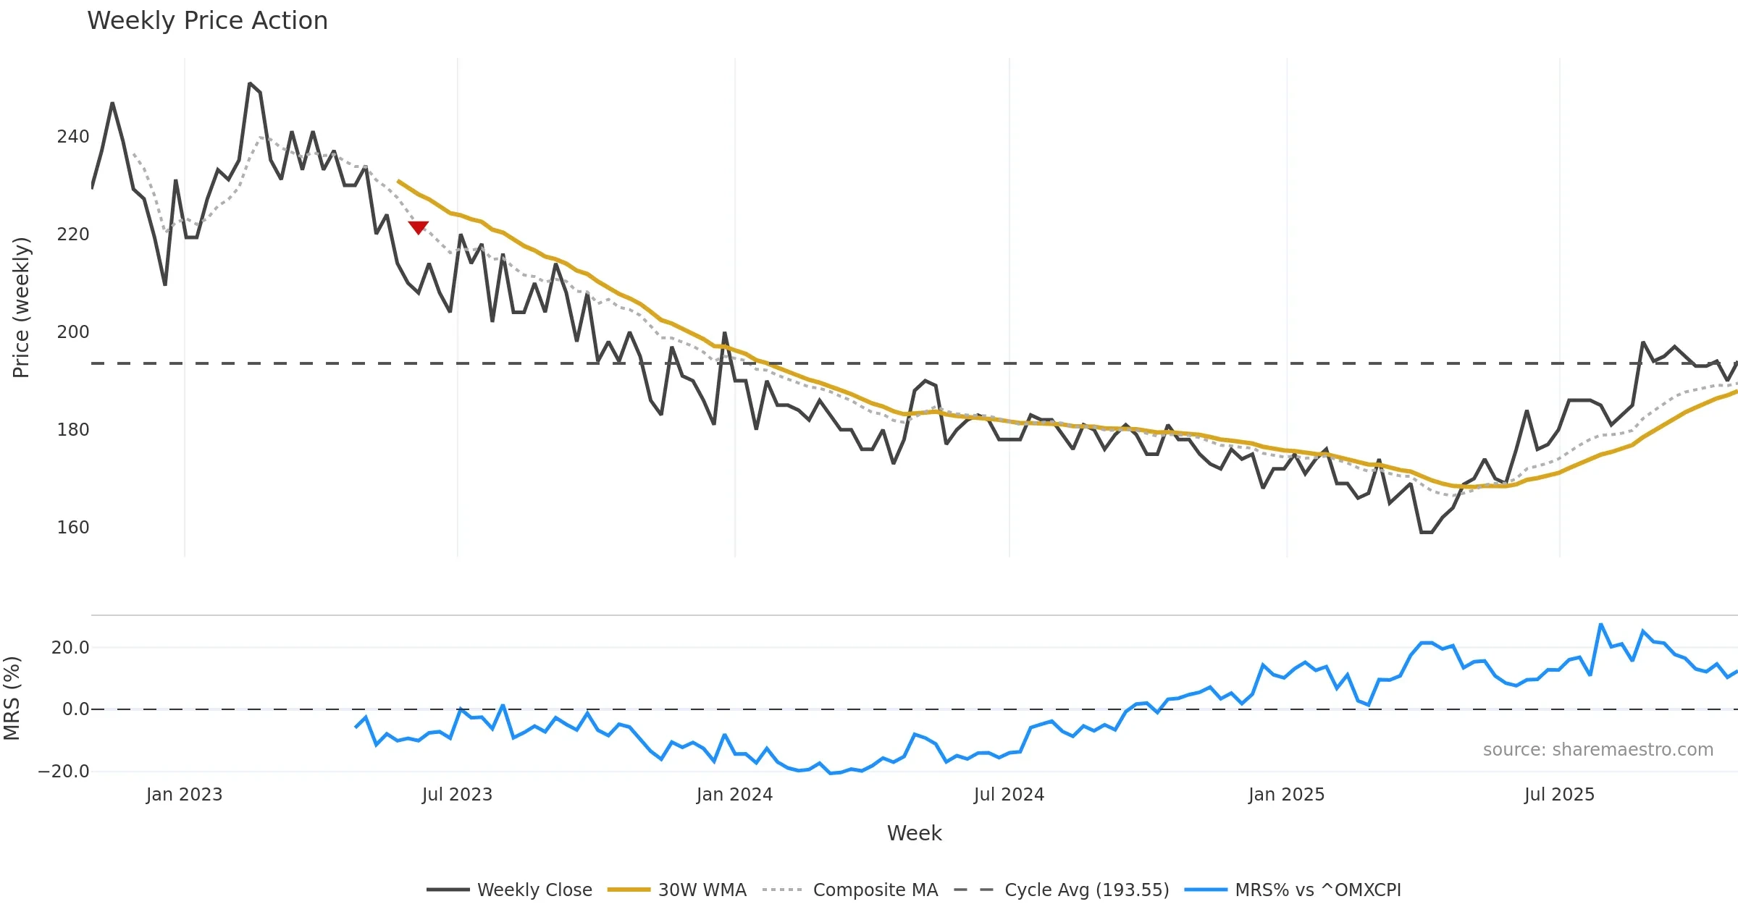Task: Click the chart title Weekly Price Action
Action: coord(207,21)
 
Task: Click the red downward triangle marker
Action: coord(419,227)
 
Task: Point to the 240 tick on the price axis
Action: coord(73,137)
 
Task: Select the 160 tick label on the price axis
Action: coord(73,528)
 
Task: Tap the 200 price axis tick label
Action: coord(73,332)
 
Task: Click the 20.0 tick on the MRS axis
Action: coord(70,648)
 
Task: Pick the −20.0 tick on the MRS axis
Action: coord(64,772)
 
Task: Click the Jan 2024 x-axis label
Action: coord(734,795)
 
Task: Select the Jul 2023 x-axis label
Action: coord(457,795)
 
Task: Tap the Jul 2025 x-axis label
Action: coord(1559,795)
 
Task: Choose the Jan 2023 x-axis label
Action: coord(184,795)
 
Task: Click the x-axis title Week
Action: coord(914,834)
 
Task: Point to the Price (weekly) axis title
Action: coord(21,308)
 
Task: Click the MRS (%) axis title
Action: coord(12,698)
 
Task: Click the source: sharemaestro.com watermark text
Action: coord(1598,750)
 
